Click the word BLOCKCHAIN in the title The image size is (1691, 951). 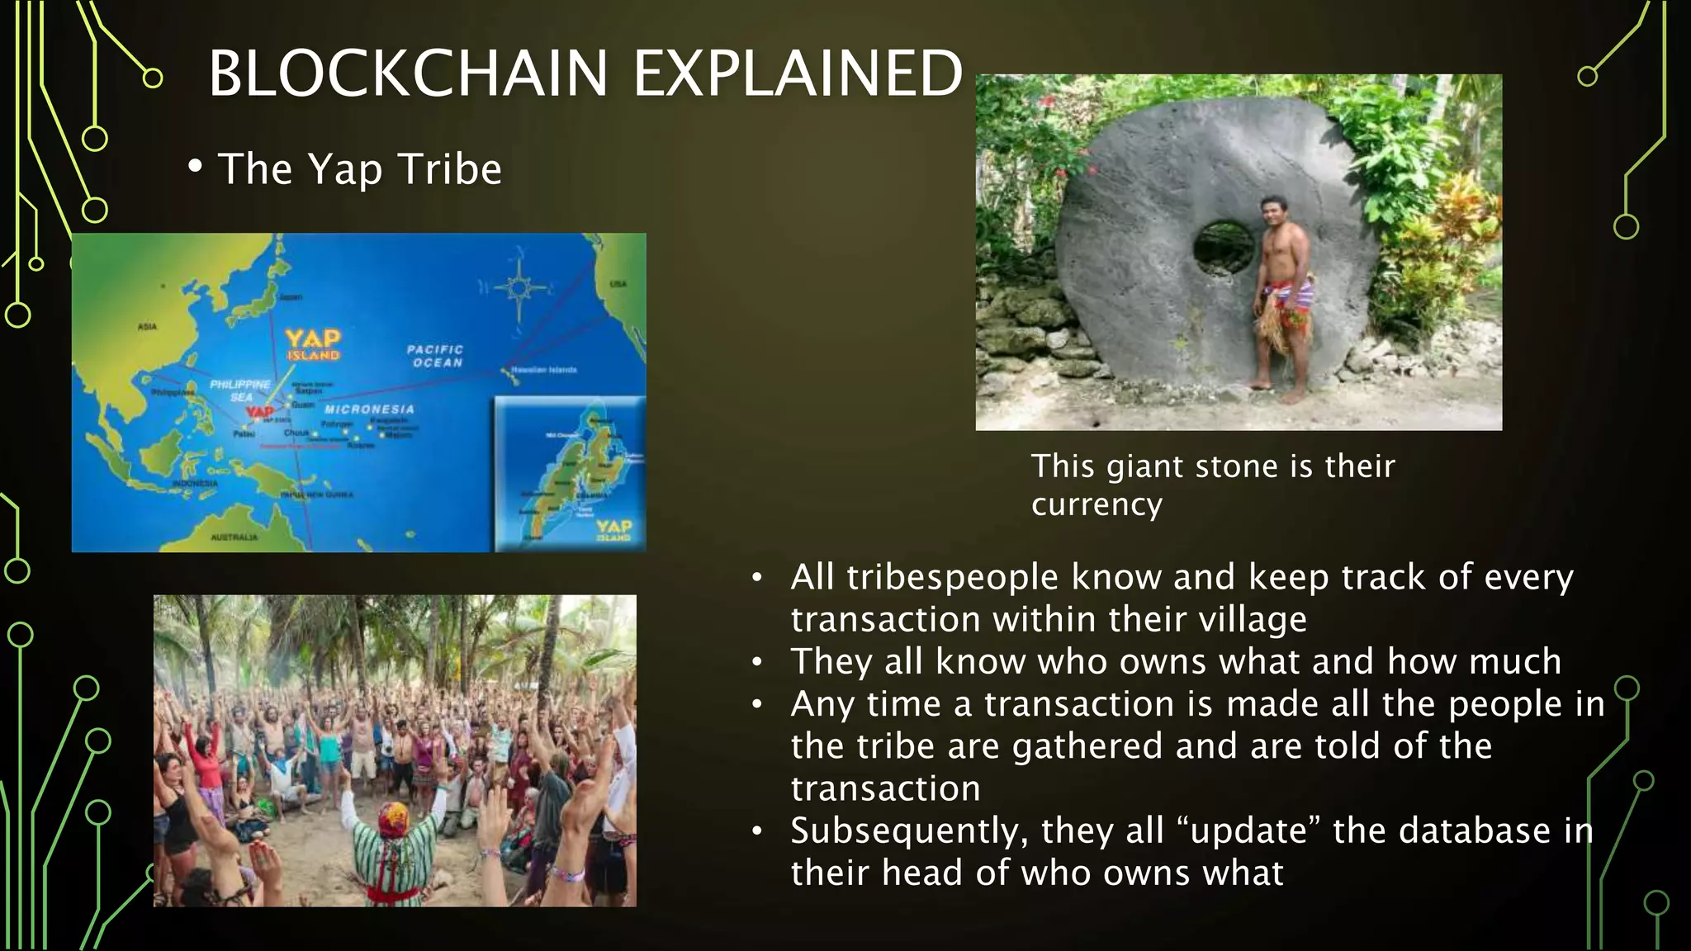click(408, 73)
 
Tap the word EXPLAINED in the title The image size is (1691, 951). click(798, 73)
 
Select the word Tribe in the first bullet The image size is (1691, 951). click(450, 169)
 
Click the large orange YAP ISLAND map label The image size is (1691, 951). click(313, 343)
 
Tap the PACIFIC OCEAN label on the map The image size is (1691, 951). click(436, 356)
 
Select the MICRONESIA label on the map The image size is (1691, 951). click(369, 409)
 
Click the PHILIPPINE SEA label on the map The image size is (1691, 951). click(240, 390)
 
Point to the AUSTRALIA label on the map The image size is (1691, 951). click(234, 537)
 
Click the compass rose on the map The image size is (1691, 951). click(518, 288)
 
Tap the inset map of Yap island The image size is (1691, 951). click(571, 474)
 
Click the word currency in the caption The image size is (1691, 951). click(1097, 504)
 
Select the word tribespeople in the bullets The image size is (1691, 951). click(952, 577)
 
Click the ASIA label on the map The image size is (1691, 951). click(147, 327)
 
